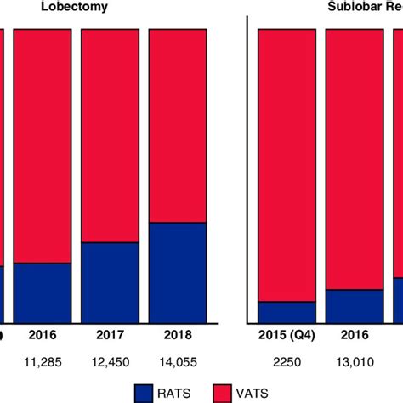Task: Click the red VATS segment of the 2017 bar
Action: pos(110,135)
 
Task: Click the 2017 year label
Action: pos(110,336)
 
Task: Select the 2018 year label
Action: pos(178,336)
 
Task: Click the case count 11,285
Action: pos(43,362)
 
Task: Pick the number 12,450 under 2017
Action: pos(110,362)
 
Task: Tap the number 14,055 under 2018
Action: pos(178,362)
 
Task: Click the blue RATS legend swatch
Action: pos(156,392)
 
